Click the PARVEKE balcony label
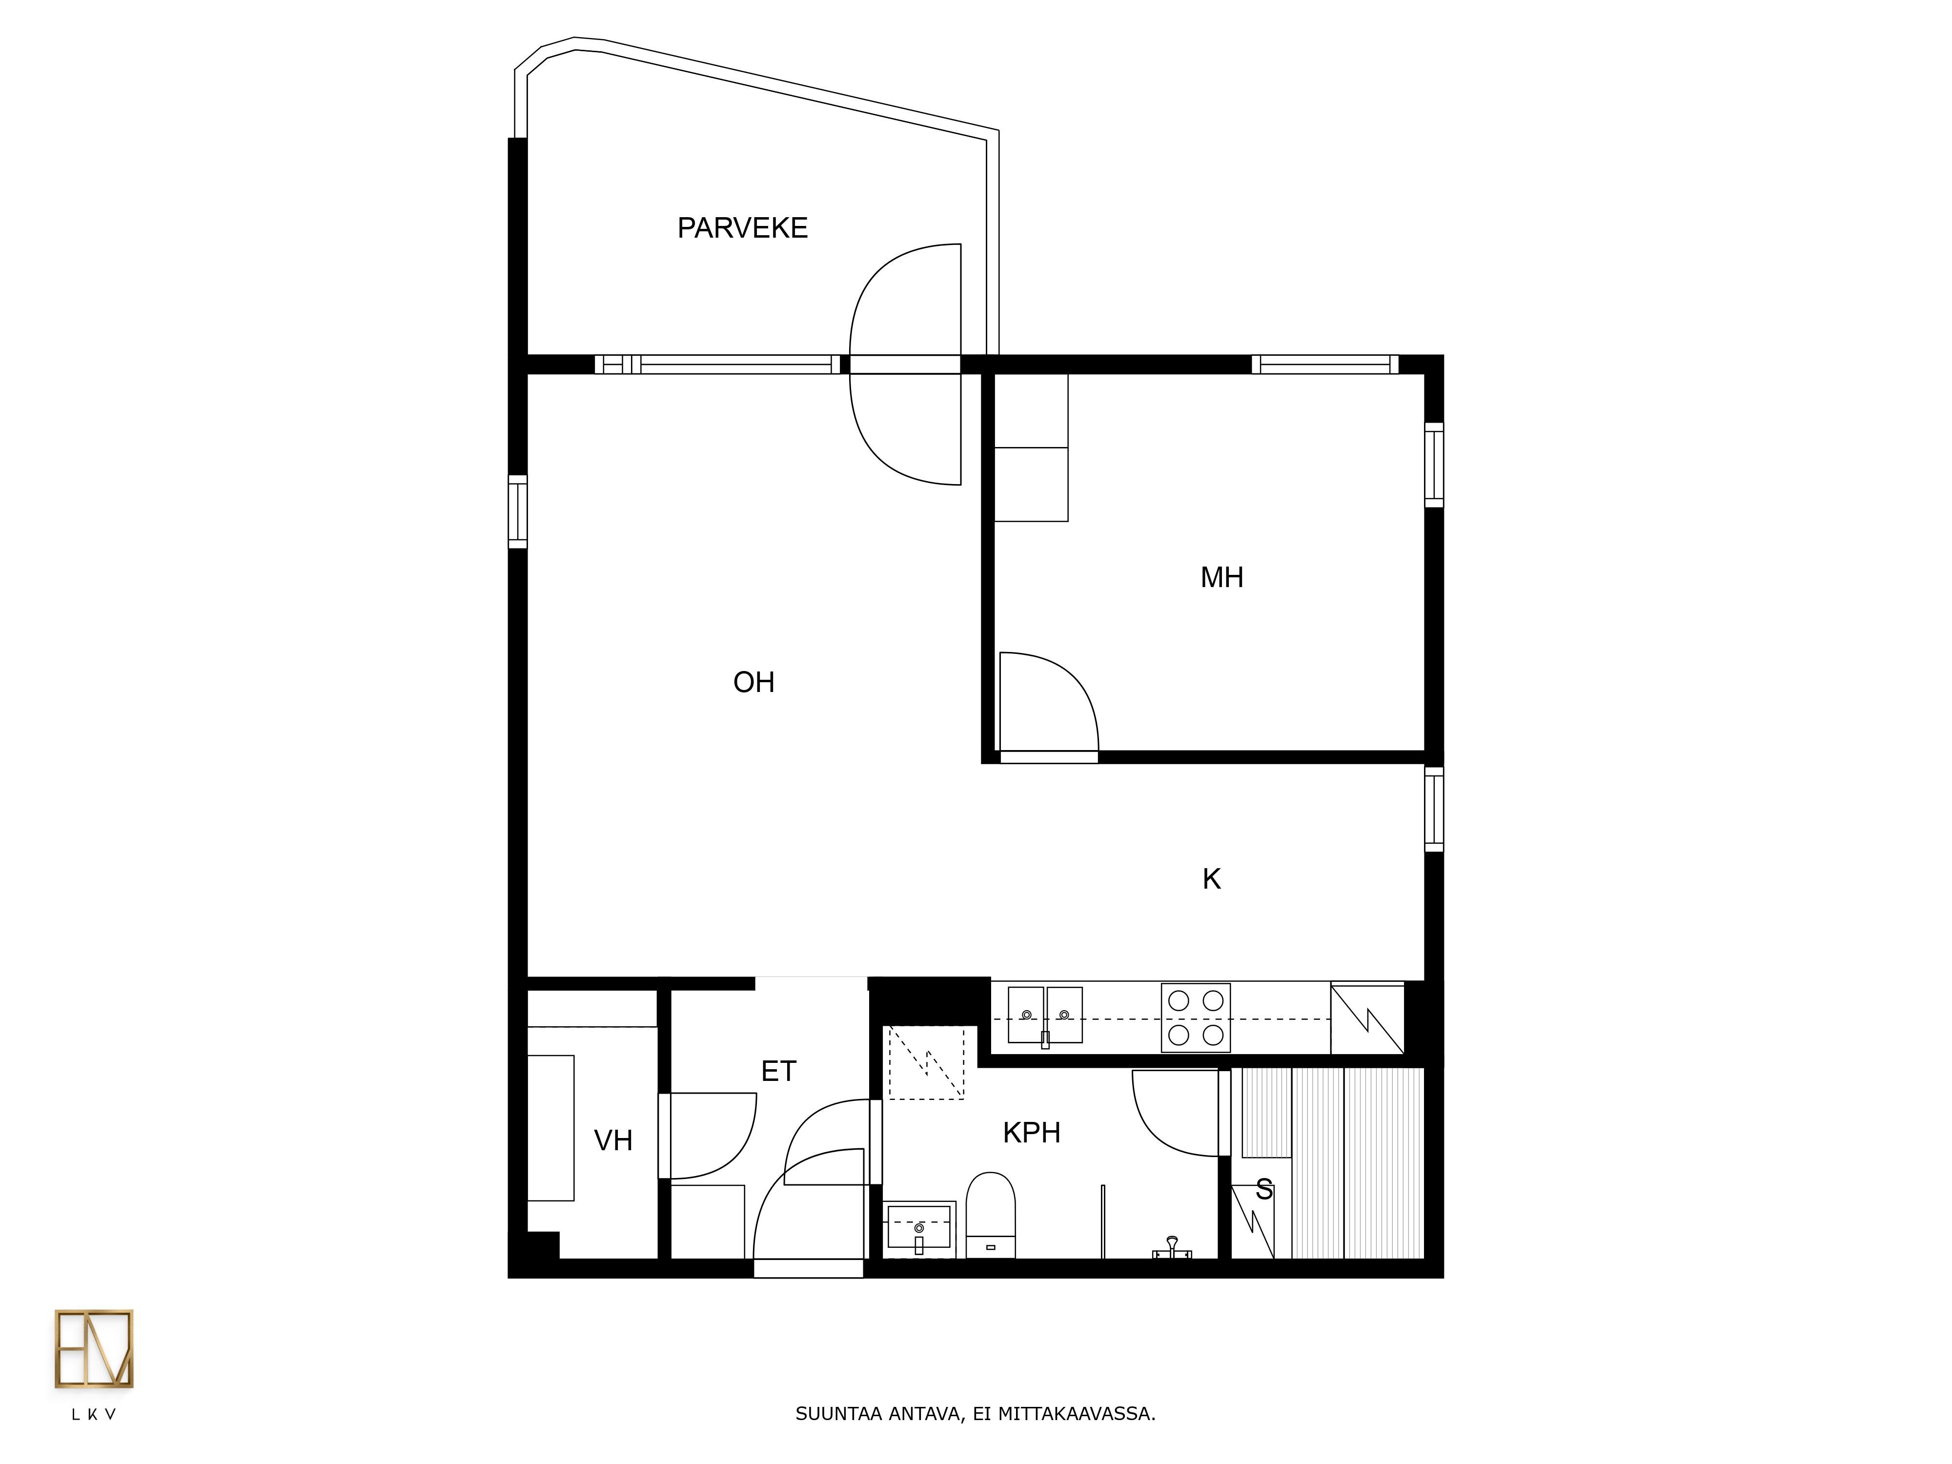[742, 228]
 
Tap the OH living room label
[753, 682]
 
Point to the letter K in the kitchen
[1212, 879]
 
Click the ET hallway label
[778, 1071]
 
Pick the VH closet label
[613, 1141]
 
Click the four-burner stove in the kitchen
[1196, 1017]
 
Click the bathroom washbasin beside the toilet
[919, 1228]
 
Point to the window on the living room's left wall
[518, 512]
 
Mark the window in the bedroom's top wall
[1324, 365]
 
